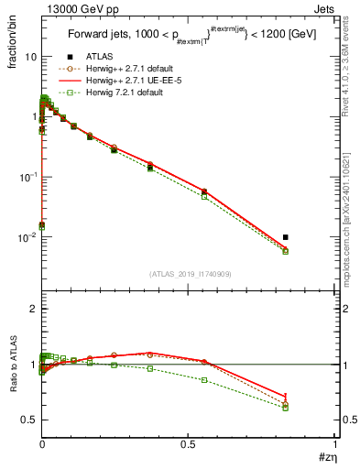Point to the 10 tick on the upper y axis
pyautogui.click(x=30, y=57)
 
